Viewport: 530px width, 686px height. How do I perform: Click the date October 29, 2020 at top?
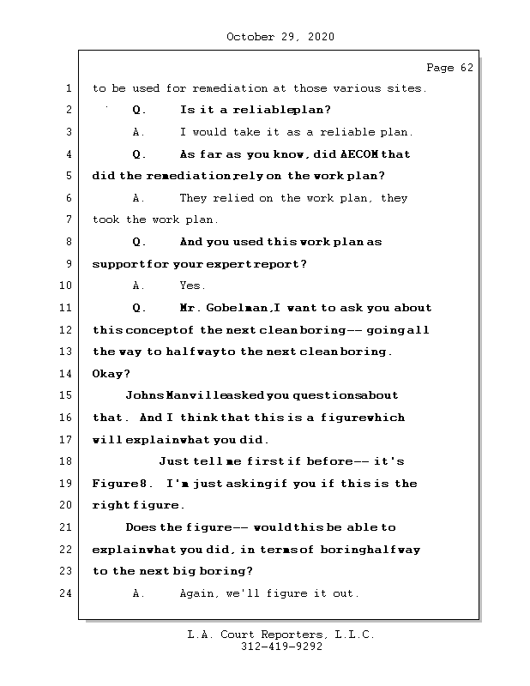pos(280,37)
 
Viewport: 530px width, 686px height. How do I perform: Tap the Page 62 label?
pos(449,68)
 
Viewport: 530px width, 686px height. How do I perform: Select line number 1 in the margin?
pos(69,88)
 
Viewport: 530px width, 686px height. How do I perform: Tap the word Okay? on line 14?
pos(111,374)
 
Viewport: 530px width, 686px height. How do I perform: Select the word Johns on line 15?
pos(142,396)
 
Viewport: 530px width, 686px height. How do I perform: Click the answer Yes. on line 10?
pos(192,286)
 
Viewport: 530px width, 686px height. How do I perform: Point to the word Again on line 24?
pos(200,593)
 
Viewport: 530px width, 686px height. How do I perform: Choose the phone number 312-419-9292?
pos(281,647)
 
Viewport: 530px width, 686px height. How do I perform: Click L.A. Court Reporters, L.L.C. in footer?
pos(281,635)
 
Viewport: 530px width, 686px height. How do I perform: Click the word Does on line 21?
pos(141,527)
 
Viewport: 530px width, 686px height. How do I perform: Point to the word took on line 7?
pos(106,220)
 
